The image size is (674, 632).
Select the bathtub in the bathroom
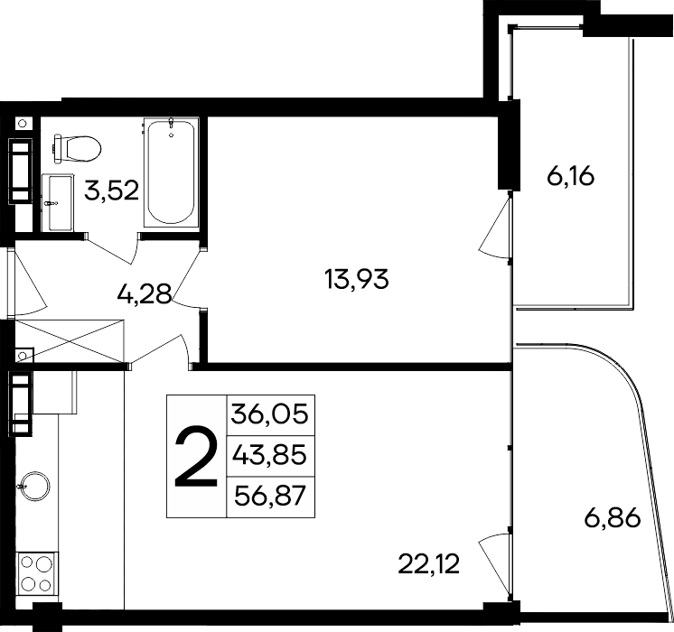[170, 174]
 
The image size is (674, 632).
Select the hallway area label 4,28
[145, 294]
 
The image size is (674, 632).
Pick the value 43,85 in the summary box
[270, 455]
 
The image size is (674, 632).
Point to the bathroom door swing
[113, 242]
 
